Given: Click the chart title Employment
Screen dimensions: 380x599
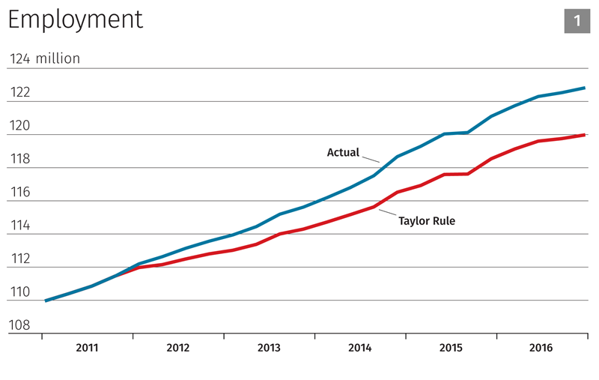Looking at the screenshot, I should [75, 20].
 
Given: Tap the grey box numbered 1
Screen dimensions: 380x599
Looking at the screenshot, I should [577, 20].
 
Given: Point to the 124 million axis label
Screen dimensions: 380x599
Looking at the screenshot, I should [44, 58].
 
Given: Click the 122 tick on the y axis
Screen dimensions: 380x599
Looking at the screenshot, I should [19, 93].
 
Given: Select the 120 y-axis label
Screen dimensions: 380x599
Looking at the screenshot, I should [19, 126].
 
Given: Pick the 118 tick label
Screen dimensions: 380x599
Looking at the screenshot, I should [19, 160].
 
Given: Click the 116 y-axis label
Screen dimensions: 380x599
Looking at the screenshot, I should [19, 193].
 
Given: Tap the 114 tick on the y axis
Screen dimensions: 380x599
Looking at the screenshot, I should [19, 226].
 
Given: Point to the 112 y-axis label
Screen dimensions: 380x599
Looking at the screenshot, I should [19, 259].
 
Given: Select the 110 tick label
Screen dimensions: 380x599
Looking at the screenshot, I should [19, 292].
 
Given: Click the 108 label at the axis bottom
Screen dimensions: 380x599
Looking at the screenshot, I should [19, 325].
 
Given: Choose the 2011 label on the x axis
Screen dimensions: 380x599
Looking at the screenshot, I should [87, 349].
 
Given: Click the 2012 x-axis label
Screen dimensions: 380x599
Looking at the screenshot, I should [177, 349].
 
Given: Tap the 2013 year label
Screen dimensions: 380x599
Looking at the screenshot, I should [269, 349].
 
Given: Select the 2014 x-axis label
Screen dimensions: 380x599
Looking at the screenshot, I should [359, 349].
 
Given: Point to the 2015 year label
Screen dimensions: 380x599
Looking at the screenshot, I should [450, 349].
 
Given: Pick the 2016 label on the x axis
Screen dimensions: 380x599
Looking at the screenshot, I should [541, 349].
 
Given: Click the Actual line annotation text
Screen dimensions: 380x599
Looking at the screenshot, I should [343, 153].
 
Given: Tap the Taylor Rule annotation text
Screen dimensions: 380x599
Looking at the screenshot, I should [427, 221].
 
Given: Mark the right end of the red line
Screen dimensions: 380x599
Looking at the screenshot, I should [584, 135].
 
